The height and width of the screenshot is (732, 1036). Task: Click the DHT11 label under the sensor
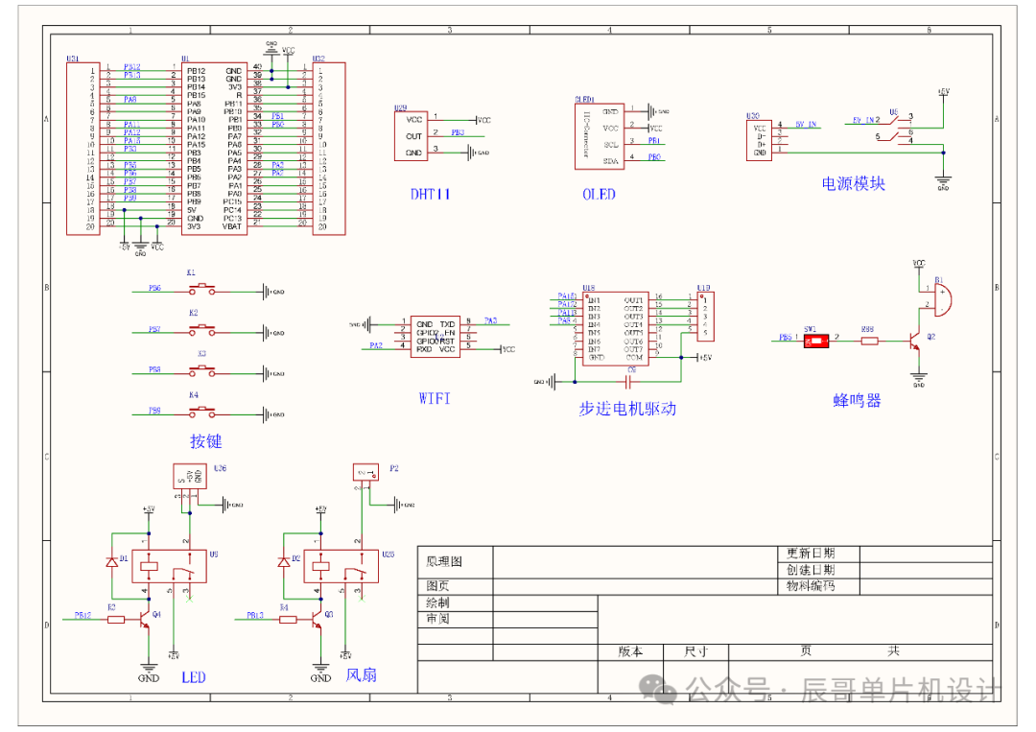point(431,194)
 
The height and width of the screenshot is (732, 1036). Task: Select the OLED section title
point(599,194)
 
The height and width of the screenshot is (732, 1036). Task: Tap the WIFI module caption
point(434,398)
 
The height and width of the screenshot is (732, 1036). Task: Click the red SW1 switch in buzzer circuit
point(814,339)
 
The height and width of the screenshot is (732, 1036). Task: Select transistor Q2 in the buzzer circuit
point(916,341)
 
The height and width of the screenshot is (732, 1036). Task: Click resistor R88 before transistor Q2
point(869,339)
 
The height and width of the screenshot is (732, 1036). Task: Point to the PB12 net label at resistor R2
point(83,615)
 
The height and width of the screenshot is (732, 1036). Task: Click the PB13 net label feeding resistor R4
point(255,615)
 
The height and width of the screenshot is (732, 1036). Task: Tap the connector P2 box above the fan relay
point(365,472)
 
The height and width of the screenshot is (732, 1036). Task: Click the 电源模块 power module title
point(855,183)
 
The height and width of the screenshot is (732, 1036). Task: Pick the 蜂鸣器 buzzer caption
point(857,401)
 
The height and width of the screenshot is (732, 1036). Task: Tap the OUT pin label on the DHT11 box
point(413,136)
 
